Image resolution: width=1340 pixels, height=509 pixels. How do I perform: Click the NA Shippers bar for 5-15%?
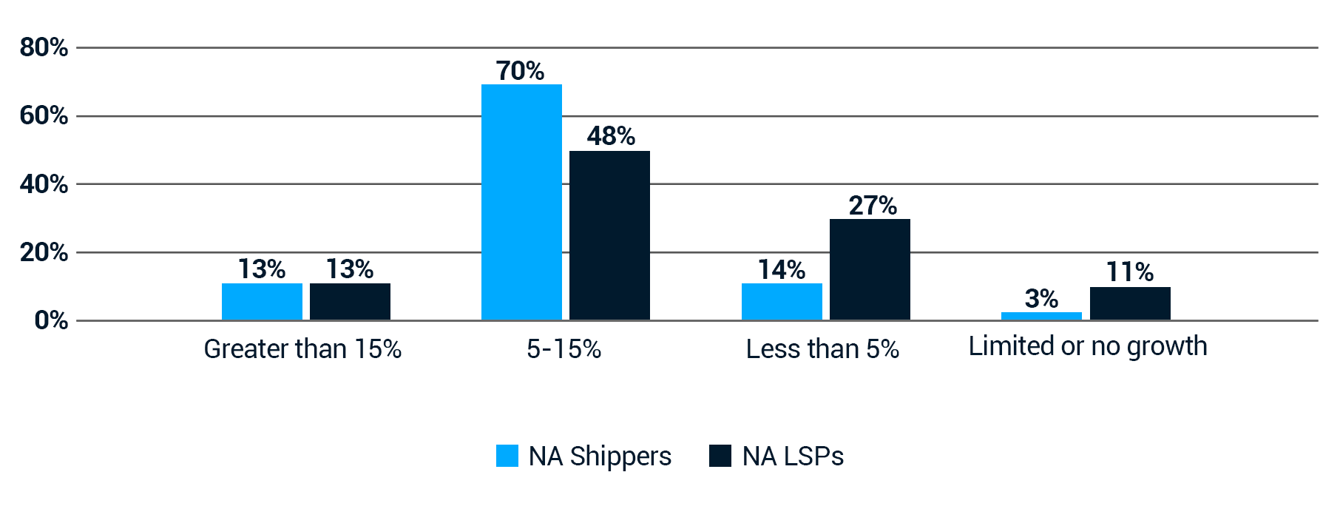tap(521, 202)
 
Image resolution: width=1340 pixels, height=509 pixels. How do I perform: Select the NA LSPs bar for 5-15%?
tap(609, 235)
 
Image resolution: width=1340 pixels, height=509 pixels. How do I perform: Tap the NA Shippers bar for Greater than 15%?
tap(262, 301)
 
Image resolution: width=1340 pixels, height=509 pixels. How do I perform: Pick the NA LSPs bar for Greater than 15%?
tap(350, 301)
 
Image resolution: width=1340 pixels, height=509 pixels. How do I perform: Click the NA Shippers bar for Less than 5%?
tap(782, 301)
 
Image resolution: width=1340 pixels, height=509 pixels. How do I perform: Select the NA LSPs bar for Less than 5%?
tap(870, 269)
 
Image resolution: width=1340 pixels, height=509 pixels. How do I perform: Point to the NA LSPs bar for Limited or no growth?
tap(1130, 303)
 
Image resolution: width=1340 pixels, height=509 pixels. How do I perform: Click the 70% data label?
tap(520, 71)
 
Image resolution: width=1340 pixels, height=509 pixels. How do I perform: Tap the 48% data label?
tap(611, 136)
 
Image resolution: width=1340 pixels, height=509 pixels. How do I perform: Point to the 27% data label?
tap(873, 205)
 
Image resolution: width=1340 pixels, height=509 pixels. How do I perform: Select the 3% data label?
tap(1041, 298)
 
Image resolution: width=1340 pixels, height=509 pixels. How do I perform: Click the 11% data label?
tap(1129, 272)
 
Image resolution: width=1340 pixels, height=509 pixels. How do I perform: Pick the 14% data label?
tap(782, 269)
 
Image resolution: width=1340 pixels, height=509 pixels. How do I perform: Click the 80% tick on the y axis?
tap(44, 47)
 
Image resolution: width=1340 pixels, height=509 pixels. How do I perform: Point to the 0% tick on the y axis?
tap(51, 320)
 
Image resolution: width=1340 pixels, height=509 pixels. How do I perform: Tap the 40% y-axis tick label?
tap(44, 184)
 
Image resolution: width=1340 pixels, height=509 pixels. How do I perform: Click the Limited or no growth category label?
tap(1088, 346)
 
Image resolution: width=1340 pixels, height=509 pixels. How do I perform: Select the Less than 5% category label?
tap(822, 348)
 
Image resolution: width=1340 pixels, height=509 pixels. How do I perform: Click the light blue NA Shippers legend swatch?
tap(507, 456)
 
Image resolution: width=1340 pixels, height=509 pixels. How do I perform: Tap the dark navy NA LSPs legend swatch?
tap(720, 456)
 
